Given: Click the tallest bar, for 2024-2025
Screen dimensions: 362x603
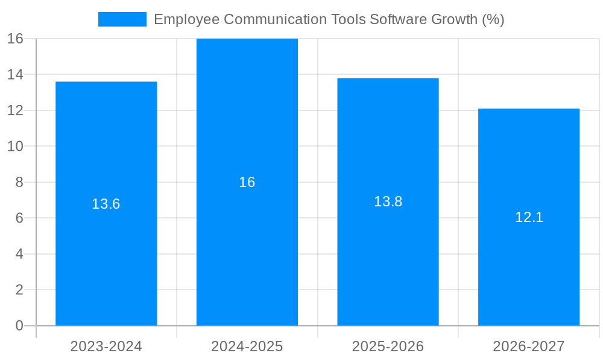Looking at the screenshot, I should click(247, 253).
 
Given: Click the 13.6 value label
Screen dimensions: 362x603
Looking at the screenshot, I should click(106, 204).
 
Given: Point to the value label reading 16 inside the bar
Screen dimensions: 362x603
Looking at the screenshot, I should click(247, 182).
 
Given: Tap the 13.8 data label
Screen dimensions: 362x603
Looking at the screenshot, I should click(388, 202).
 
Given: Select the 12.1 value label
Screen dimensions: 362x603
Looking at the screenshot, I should click(529, 217).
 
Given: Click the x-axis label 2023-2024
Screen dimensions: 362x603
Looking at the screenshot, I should click(106, 346).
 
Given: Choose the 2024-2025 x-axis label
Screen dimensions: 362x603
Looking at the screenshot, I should click(247, 346).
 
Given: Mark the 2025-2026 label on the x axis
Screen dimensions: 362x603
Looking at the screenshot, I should click(388, 346).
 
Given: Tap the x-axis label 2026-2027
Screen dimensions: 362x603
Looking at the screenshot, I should click(529, 346).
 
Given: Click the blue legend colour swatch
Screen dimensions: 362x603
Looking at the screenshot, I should click(122, 19).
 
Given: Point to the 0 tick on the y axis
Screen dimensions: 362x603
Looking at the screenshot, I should click(19, 326).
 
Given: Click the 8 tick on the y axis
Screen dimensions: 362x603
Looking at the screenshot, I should click(19, 182).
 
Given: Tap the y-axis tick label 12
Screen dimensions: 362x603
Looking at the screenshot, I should click(16, 110).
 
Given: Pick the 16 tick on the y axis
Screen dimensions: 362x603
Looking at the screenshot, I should click(16, 39).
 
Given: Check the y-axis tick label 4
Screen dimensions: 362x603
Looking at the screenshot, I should click(19, 254).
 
